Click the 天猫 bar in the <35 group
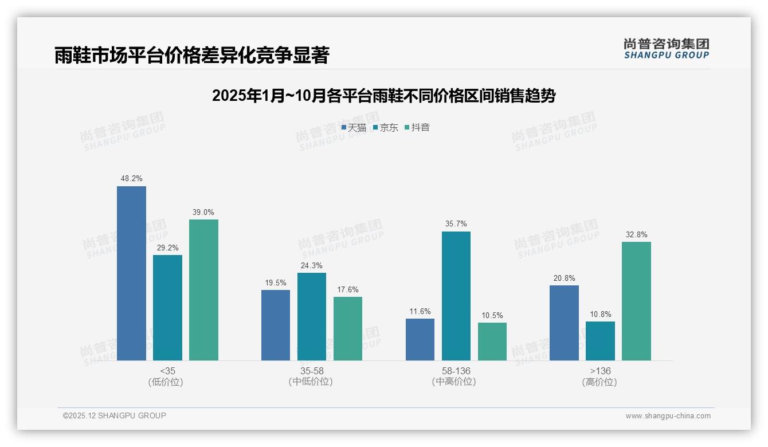(131, 273)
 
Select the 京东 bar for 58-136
(456, 296)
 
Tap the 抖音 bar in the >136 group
(636, 301)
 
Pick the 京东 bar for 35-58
(312, 316)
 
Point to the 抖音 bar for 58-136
(492, 342)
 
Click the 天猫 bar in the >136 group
(564, 323)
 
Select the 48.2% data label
(131, 179)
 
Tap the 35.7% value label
(456, 224)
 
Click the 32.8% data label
(636, 234)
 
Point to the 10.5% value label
(492, 315)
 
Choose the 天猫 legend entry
(354, 128)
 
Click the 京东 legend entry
(386, 128)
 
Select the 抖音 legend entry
(417, 128)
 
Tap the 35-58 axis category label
(311, 371)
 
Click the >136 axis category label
(600, 371)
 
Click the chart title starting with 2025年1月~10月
(383, 96)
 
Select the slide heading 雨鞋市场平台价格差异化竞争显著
(192, 55)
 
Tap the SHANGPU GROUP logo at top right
(666, 49)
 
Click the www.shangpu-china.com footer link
(668, 416)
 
